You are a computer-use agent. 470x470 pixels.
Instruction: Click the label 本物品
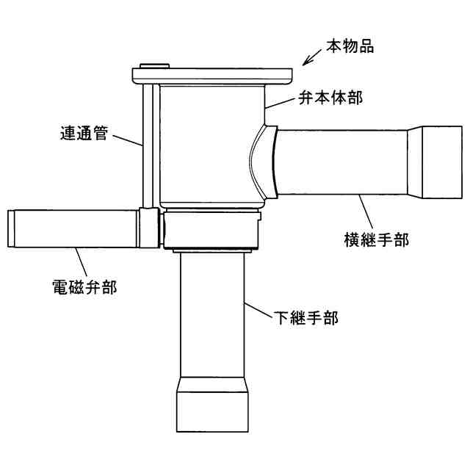(x=350, y=46)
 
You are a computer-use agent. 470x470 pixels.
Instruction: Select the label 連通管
(x=83, y=134)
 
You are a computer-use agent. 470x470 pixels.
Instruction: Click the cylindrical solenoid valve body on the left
(x=73, y=228)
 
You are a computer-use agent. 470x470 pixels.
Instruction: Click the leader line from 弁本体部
(x=281, y=104)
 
